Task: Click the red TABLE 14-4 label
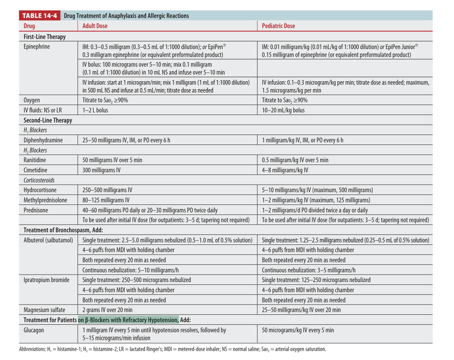point(40,16)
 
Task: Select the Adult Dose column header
point(95,26)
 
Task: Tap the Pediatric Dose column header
point(278,26)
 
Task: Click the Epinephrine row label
point(37,47)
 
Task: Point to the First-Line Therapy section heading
point(45,37)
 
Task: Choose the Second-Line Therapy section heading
point(48,120)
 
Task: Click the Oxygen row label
point(32,100)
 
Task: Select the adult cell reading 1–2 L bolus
point(95,110)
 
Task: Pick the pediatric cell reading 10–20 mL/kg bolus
point(283,110)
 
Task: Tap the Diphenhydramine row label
point(43,140)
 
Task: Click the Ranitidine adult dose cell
point(112,160)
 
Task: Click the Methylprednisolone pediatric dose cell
point(316,200)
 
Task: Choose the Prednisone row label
point(36,210)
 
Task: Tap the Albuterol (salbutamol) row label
point(48,240)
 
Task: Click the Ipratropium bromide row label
point(46,280)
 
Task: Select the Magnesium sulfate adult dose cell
point(107,310)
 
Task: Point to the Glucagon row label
point(34,330)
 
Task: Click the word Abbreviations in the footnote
point(32,349)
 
